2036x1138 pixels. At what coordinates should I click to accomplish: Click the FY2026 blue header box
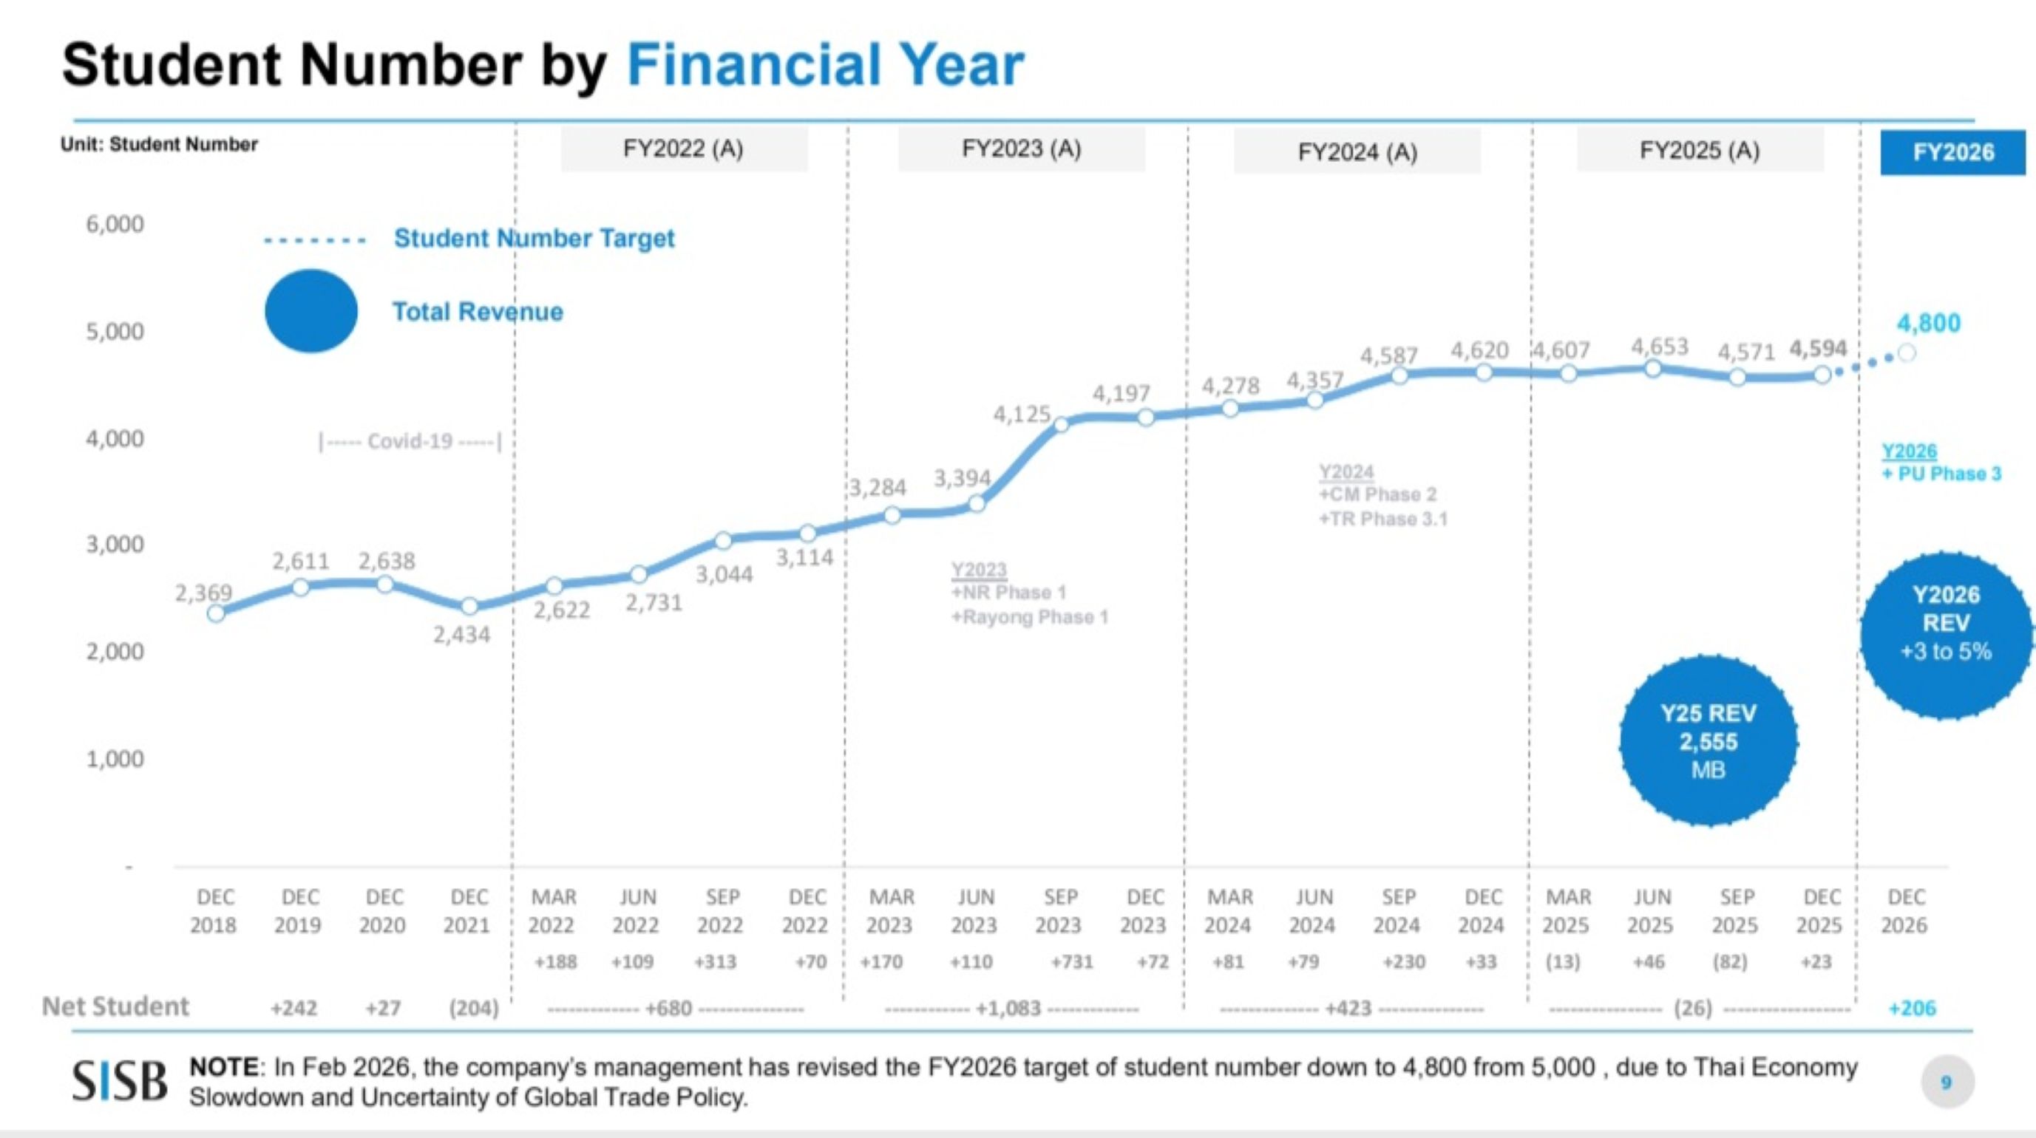point(1952,151)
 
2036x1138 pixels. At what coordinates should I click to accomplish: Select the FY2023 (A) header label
point(1021,149)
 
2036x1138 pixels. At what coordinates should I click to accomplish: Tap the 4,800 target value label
point(1929,322)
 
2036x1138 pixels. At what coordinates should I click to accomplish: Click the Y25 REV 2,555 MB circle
point(1708,741)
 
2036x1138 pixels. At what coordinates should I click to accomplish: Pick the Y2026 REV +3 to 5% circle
point(1945,636)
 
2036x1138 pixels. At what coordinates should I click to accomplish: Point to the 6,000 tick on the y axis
point(115,225)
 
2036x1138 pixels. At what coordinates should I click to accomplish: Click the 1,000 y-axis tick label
point(115,760)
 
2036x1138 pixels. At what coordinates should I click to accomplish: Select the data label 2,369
point(203,593)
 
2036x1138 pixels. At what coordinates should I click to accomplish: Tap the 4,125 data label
point(1022,414)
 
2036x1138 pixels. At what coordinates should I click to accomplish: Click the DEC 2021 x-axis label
point(468,911)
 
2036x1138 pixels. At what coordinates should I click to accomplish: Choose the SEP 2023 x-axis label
point(1060,911)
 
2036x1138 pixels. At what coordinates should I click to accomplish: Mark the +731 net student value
point(1072,962)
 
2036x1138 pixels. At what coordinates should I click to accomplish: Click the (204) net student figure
point(473,1009)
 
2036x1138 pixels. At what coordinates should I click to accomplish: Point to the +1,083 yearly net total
point(1008,1009)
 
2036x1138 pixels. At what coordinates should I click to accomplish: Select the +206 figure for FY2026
point(1912,1009)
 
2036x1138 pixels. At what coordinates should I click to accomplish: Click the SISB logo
point(121,1081)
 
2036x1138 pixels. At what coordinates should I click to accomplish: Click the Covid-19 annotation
point(410,441)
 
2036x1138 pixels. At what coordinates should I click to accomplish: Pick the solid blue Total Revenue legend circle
point(311,310)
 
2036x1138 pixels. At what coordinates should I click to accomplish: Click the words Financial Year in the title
point(825,65)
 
